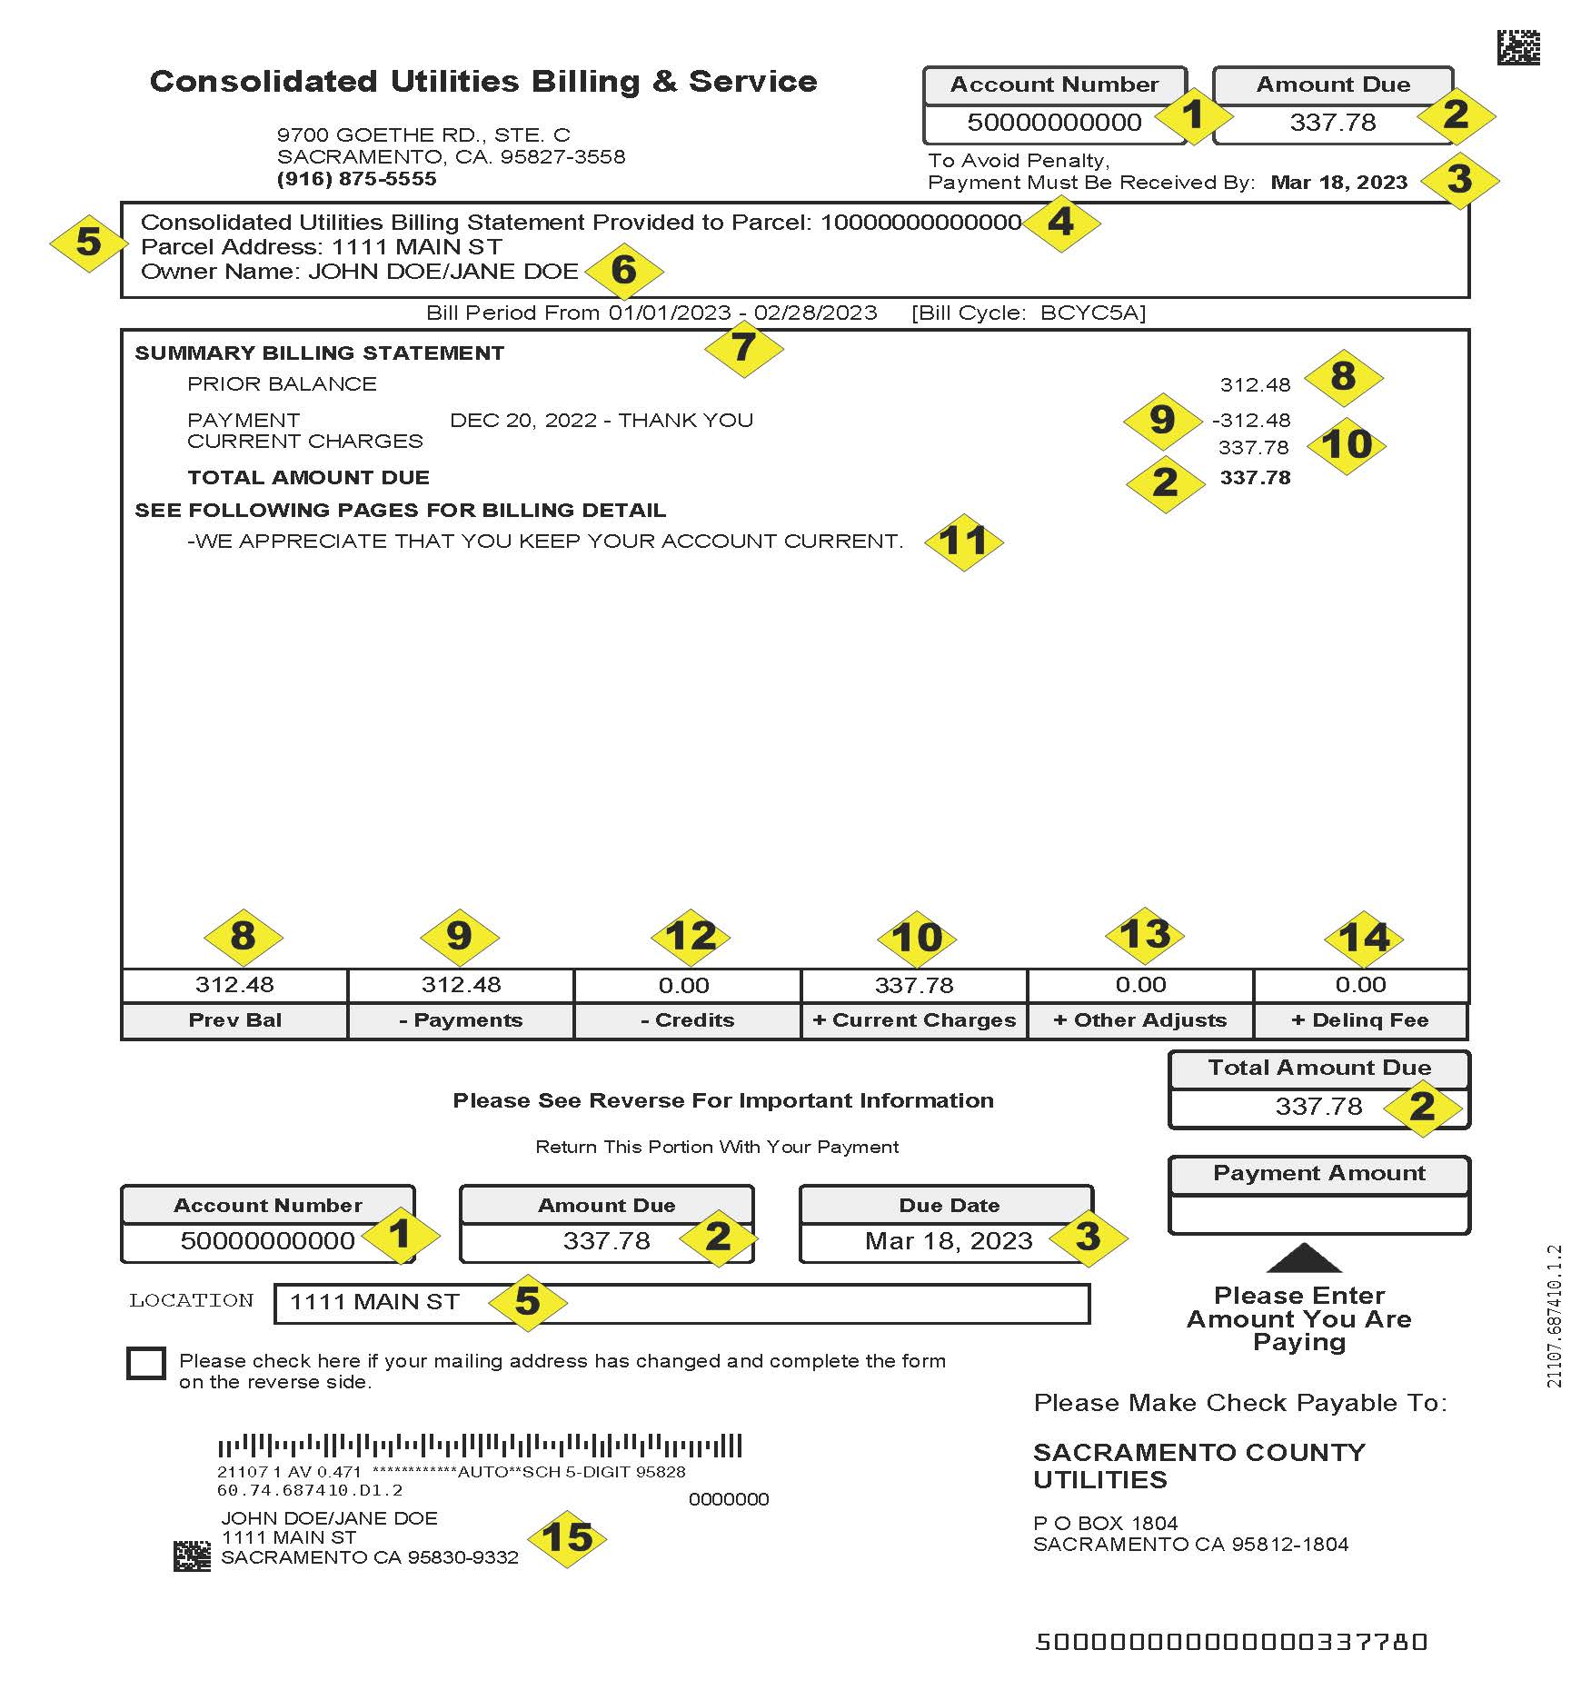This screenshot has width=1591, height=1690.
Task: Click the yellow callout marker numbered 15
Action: [567, 1538]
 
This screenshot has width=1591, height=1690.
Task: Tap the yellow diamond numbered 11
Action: [963, 542]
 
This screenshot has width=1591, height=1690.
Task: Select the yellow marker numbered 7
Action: [743, 347]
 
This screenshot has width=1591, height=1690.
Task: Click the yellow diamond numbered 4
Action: [1060, 223]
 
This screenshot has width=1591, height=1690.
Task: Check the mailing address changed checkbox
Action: [146, 1363]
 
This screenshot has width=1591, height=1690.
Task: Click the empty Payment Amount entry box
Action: [1318, 1214]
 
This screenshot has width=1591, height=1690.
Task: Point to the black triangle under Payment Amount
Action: [1304, 1258]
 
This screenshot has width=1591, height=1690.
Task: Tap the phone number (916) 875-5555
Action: [356, 179]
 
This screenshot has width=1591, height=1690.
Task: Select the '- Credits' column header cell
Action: [687, 1020]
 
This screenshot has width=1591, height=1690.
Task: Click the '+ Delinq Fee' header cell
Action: [1360, 1020]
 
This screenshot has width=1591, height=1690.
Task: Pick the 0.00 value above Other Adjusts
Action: [1140, 985]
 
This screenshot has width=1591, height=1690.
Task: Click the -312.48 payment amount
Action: [1251, 421]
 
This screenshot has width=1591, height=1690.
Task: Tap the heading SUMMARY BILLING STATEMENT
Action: [319, 353]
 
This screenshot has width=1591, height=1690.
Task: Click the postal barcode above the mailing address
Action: [480, 1445]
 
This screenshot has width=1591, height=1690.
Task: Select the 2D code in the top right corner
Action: [1518, 47]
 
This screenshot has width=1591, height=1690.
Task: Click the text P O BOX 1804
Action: [1105, 1523]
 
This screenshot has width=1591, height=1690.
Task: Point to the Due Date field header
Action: [949, 1206]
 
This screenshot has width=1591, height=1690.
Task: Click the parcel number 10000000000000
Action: [920, 223]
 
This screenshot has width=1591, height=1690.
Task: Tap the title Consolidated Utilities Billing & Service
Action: [483, 82]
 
